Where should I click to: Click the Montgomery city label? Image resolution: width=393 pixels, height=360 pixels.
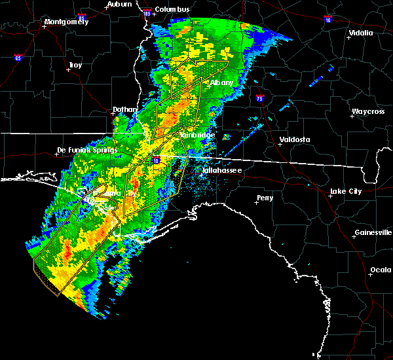65,22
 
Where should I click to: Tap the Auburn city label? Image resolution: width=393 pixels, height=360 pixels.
120,4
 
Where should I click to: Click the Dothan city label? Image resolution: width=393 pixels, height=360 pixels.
124,110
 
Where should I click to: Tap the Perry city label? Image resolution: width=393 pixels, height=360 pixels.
265,197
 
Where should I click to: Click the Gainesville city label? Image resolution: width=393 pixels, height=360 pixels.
372,232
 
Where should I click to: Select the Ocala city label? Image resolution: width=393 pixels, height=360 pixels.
380,270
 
